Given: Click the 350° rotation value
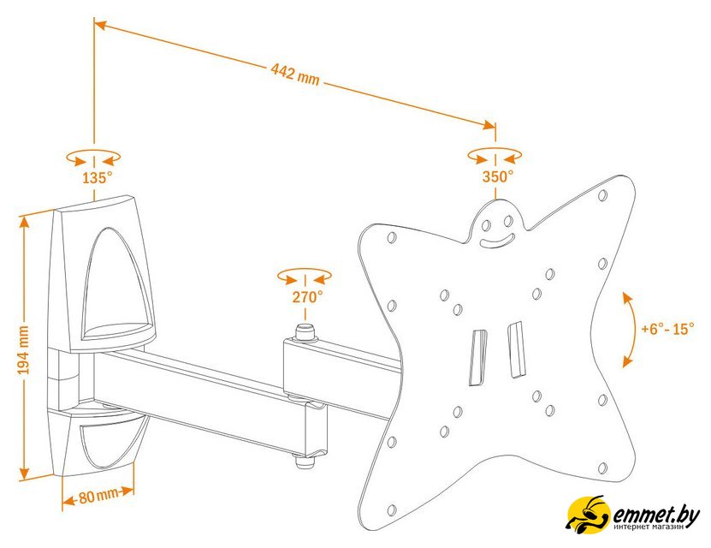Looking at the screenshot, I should coord(497,176).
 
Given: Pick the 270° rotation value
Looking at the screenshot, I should coord(306,296).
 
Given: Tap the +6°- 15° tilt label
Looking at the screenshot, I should coord(668,329).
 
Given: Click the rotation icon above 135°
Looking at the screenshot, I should coord(93,158).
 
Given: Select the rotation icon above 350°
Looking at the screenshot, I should coord(495,156).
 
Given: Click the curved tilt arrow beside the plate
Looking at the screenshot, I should coord(628,329).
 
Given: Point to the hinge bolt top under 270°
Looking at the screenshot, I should coord(303,330).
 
